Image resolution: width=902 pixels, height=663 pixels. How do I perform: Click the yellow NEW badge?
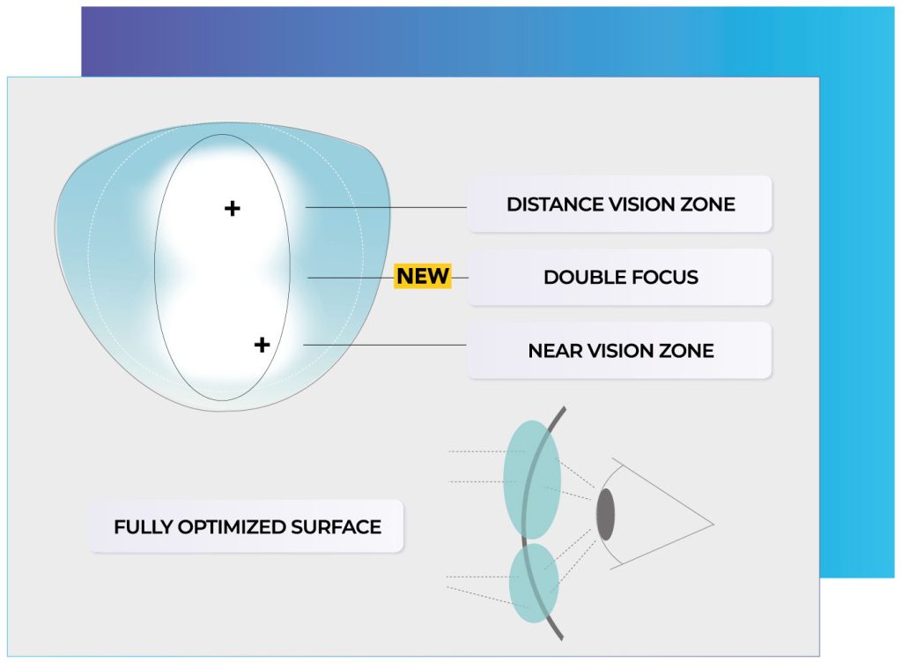(423, 276)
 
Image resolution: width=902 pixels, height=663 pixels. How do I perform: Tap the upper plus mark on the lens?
(233, 208)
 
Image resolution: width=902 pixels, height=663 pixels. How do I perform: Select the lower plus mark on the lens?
(262, 345)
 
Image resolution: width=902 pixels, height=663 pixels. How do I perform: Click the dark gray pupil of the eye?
(605, 515)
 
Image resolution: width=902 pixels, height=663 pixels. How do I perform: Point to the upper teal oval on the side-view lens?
(532, 480)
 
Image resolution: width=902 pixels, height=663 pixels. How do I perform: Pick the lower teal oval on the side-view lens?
(535, 583)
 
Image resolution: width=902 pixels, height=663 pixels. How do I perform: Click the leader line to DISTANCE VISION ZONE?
(386, 207)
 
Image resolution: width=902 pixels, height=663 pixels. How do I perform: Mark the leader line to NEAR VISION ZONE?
(385, 346)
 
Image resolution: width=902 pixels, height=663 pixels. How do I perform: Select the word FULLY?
(144, 526)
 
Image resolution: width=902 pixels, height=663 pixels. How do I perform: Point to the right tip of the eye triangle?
(713, 525)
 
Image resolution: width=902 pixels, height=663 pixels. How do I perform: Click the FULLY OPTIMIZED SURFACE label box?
(247, 526)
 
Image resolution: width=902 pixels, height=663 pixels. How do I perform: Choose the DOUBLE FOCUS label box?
(619, 278)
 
